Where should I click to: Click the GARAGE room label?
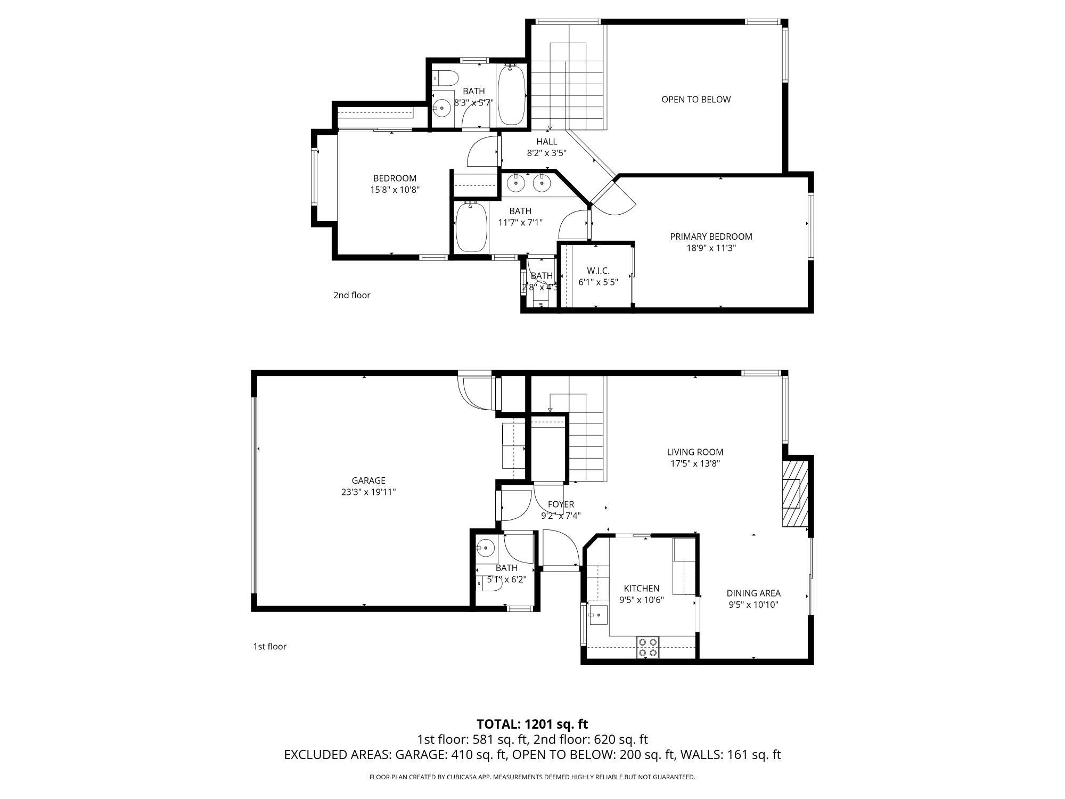[368, 480]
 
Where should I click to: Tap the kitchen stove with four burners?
[648, 647]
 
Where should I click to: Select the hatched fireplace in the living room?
[795, 494]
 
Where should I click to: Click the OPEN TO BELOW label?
[695, 100]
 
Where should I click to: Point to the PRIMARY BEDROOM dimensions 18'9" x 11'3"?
[711, 248]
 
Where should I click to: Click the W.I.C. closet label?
[598, 271]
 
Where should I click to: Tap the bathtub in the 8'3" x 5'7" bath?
[511, 95]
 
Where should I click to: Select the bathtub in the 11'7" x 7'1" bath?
[471, 227]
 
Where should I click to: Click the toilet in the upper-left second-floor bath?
[446, 78]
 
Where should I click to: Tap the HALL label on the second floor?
[546, 142]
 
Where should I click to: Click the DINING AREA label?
[753, 593]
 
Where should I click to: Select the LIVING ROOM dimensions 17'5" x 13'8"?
[695, 463]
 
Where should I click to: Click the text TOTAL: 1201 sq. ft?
[532, 724]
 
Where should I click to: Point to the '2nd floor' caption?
[351, 295]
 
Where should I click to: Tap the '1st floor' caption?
[269, 647]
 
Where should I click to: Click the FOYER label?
[561, 504]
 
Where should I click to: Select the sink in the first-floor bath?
[485, 547]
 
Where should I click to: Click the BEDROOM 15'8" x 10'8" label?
[395, 178]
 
